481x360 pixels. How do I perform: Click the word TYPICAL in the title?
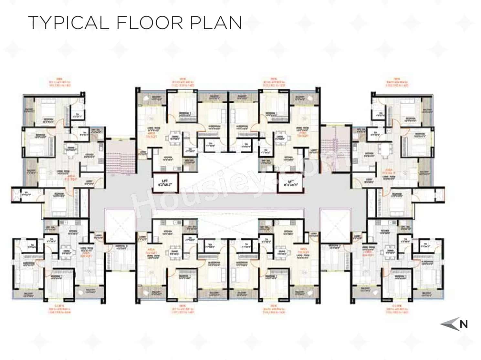tap(68, 23)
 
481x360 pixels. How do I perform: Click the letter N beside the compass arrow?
tap(464, 324)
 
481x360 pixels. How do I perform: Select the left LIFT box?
tap(165, 183)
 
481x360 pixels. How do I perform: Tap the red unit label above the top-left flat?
tap(59, 82)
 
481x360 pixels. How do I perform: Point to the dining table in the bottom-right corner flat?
tap(390, 252)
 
